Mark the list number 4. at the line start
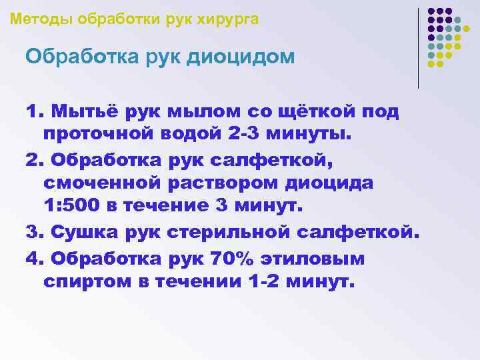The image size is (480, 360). (33, 257)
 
